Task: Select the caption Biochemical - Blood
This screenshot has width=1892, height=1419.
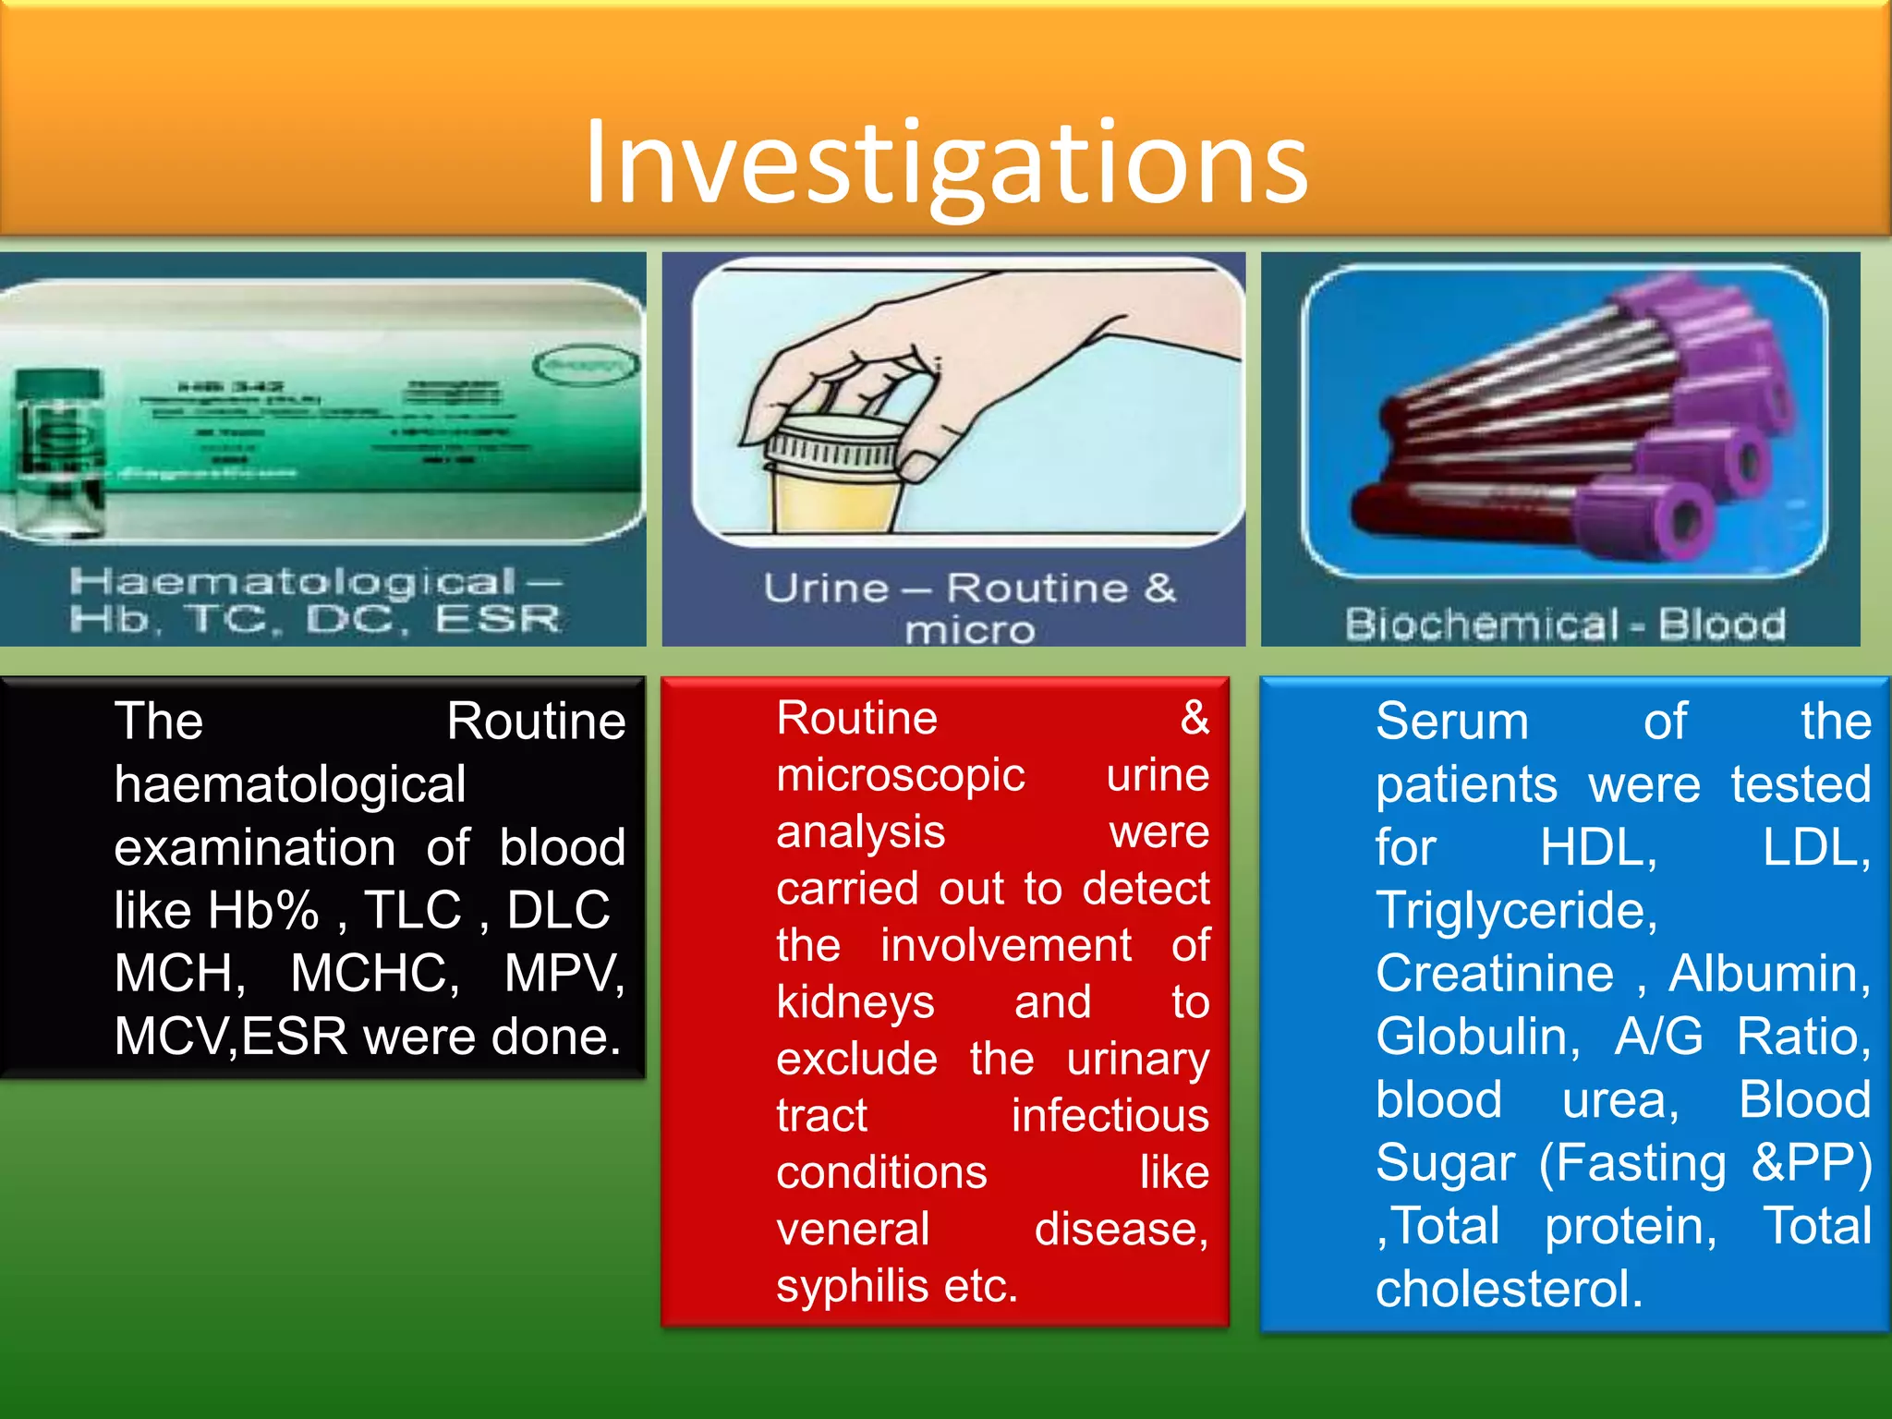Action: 1564,625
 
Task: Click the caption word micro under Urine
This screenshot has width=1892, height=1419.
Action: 969,631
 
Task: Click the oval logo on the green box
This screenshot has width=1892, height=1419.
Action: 586,365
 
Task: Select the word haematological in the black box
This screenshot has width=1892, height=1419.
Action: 289,784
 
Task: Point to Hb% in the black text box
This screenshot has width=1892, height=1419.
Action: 262,910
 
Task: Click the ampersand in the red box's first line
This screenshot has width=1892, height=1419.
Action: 1194,717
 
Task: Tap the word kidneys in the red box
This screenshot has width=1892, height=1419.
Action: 855,1001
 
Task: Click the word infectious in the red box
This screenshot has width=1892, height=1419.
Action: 1110,1115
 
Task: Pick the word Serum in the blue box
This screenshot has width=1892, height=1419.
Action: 1451,721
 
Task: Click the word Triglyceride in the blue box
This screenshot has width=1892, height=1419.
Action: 1516,910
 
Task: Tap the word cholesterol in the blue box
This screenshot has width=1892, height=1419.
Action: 1508,1289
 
